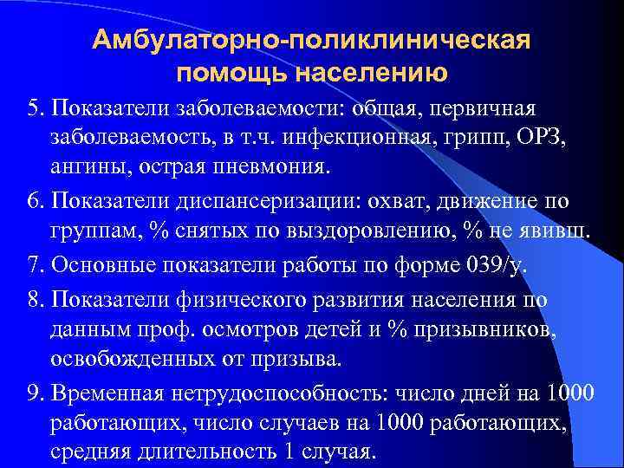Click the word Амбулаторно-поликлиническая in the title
tap(311, 41)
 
